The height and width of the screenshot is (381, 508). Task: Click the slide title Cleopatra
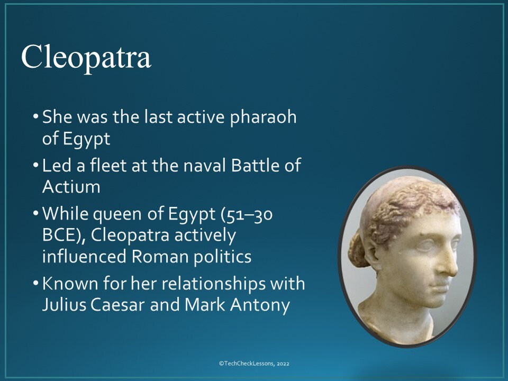[86, 57]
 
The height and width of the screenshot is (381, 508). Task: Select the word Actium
[71, 186]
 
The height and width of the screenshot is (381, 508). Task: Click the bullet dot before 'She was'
[35, 117]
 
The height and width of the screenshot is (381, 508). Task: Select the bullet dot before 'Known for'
[35, 284]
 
